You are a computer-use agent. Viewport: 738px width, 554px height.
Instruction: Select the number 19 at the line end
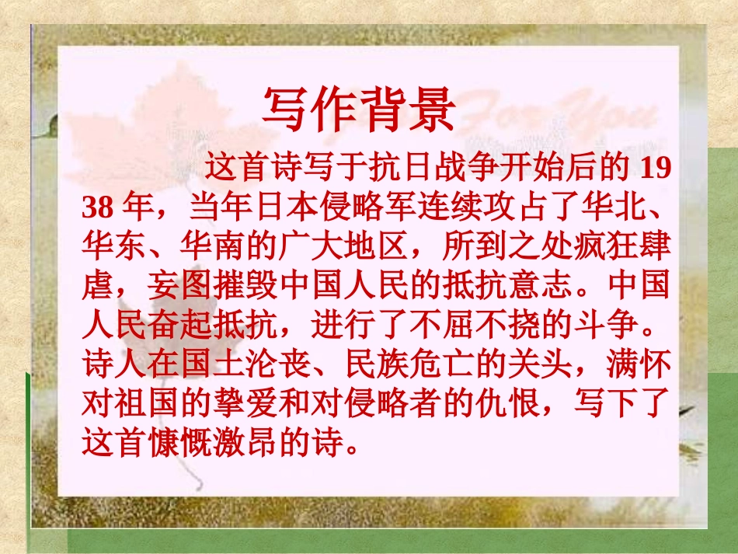coord(652,169)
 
